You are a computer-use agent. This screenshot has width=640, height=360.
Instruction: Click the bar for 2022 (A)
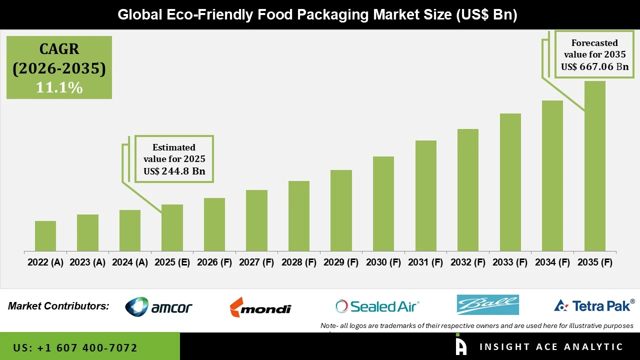pyautogui.click(x=45, y=236)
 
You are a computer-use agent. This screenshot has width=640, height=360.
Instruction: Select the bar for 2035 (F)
pyautogui.click(x=594, y=166)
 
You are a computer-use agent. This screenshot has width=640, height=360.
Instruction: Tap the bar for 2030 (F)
pyautogui.click(x=383, y=203)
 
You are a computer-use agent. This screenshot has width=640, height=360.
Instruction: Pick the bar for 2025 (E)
pyautogui.click(x=172, y=227)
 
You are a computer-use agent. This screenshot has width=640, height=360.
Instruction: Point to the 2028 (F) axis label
pyautogui.click(x=299, y=262)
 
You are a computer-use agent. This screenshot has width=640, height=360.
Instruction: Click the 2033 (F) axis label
pyautogui.click(x=510, y=262)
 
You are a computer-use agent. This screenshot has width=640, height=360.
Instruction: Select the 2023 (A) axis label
pyautogui.click(x=87, y=262)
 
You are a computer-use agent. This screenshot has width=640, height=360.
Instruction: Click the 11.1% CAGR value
pyautogui.click(x=59, y=87)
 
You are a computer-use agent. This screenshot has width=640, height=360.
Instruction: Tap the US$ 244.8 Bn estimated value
pyautogui.click(x=174, y=171)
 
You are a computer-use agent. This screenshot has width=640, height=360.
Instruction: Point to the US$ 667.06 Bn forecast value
pyautogui.click(x=594, y=66)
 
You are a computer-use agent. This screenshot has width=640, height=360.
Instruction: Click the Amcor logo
pyautogui.click(x=158, y=306)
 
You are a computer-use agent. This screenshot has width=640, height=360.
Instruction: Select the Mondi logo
pyautogui.click(x=260, y=307)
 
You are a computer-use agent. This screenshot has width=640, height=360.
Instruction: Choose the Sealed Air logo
pyautogui.click(x=377, y=306)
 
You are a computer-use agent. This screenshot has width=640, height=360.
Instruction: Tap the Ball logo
pyautogui.click(x=487, y=305)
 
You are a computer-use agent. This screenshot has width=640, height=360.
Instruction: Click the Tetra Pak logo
pyautogui.click(x=594, y=305)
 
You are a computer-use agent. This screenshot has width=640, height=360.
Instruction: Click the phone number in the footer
pyautogui.click(x=75, y=347)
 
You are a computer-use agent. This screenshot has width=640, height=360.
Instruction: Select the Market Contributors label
pyautogui.click(x=58, y=306)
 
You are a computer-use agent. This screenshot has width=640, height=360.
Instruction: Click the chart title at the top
pyautogui.click(x=317, y=14)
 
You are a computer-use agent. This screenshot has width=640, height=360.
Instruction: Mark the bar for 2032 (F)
pyautogui.click(x=468, y=190)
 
